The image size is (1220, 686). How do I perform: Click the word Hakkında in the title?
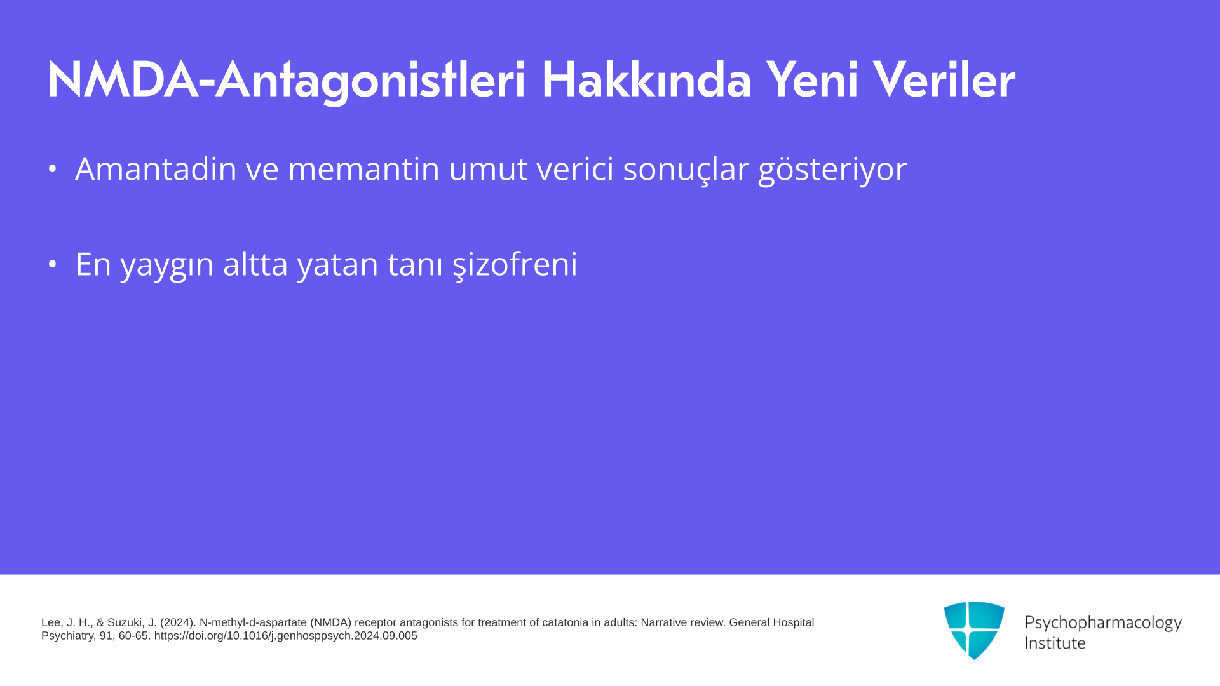click(646, 80)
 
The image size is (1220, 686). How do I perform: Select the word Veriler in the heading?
click(944, 80)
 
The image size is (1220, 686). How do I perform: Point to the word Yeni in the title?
click(812, 80)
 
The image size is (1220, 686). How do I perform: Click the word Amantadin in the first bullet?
click(156, 169)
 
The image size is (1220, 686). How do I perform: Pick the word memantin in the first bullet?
click(363, 169)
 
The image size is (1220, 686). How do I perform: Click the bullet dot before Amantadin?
click(53, 169)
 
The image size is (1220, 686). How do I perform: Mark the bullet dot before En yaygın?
click(53, 264)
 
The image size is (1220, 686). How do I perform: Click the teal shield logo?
click(974, 630)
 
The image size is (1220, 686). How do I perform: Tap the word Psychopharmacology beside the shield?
click(1103, 623)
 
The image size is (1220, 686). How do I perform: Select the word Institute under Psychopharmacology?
click(1055, 643)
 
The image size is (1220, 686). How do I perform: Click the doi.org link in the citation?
click(286, 636)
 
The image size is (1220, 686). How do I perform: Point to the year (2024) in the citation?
click(177, 622)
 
